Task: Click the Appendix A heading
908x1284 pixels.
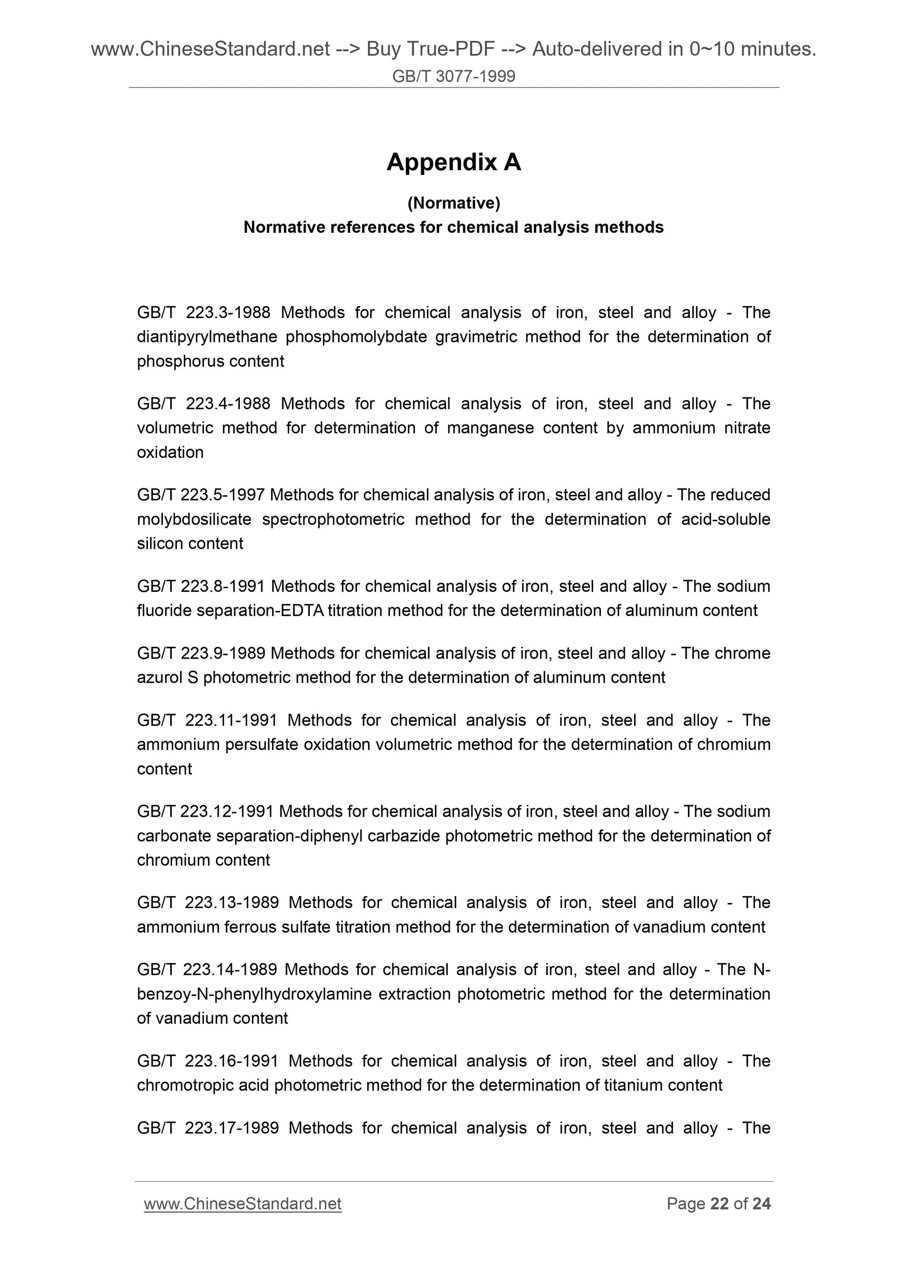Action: tap(453, 162)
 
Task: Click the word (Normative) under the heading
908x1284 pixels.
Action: tap(453, 203)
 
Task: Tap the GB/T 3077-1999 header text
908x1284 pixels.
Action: tap(453, 76)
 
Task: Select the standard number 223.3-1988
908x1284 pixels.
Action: tap(228, 312)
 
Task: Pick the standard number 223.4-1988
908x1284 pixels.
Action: tap(228, 403)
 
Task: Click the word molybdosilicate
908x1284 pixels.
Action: tap(194, 519)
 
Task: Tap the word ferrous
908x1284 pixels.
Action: tap(250, 927)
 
